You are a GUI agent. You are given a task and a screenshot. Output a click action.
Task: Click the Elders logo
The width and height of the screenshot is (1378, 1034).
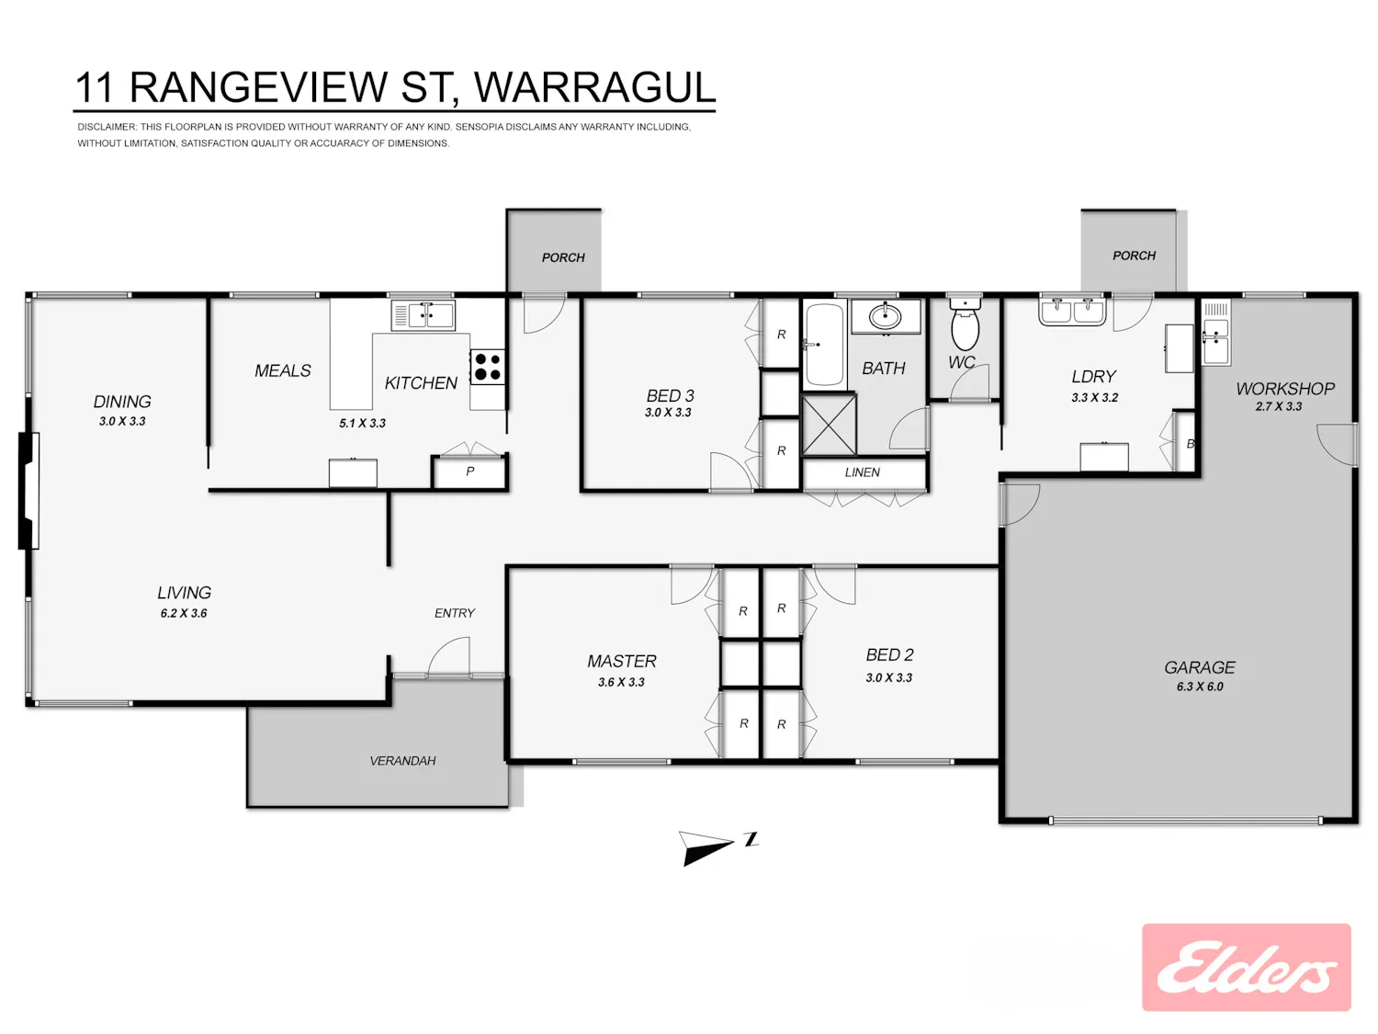coord(1246,968)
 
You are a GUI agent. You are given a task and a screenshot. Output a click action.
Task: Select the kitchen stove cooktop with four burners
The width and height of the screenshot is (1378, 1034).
coord(488,367)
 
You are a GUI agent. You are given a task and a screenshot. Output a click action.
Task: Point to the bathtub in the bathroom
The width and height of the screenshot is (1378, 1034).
coord(824,344)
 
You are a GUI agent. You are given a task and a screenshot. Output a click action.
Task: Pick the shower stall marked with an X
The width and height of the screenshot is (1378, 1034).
coord(829,424)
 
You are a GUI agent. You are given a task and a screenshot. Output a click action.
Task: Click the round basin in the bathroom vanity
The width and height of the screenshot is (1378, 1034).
coord(886,315)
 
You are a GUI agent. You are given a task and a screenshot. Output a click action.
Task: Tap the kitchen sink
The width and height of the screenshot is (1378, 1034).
coord(424,314)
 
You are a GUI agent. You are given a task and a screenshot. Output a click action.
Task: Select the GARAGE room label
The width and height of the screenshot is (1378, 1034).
coord(1199,666)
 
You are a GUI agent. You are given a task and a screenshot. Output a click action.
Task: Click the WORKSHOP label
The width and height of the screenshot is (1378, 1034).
coord(1285,389)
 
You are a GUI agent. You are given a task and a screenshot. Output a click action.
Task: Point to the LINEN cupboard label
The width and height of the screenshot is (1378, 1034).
coord(862,472)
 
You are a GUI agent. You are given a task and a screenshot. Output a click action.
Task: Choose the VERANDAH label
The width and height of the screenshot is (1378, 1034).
coord(402,761)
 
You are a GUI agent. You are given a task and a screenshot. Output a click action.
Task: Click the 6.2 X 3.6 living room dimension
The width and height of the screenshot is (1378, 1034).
coord(184,613)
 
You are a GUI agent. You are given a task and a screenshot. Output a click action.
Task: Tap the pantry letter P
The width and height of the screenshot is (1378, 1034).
coord(470,471)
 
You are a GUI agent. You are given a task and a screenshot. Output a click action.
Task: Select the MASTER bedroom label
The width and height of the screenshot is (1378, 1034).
coord(622,661)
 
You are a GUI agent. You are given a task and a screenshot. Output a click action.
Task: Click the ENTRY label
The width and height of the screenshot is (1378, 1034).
coord(455,613)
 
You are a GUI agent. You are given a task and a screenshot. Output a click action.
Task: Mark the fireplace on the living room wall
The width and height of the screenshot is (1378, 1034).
coord(28,491)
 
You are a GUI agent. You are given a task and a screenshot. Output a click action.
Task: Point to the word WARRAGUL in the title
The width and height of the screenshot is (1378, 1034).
coord(594,87)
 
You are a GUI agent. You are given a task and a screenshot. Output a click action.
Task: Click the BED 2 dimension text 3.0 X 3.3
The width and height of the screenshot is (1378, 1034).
coord(888,677)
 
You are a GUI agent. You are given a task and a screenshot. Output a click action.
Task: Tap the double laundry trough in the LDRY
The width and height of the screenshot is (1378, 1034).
coord(1072,312)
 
